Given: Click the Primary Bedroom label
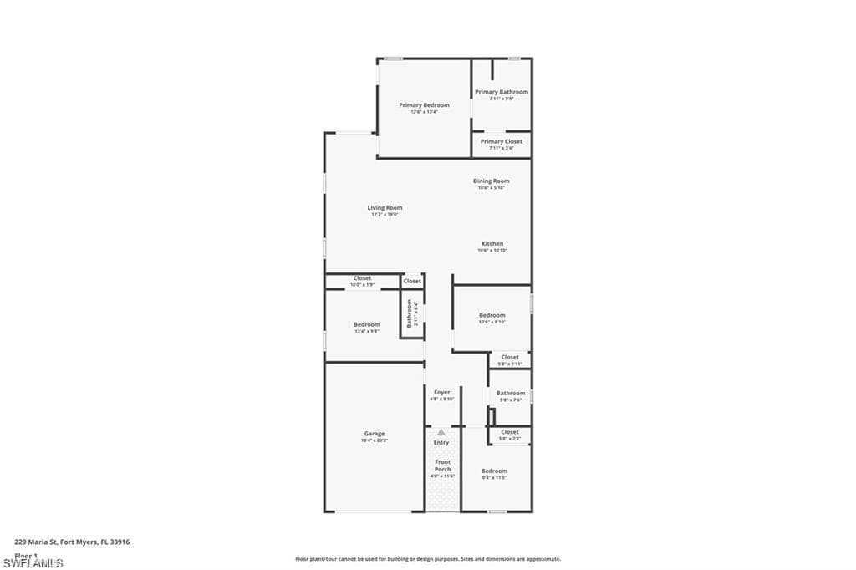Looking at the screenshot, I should click(x=424, y=105).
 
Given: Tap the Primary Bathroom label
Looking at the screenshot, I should click(x=502, y=92).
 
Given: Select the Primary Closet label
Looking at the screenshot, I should click(x=502, y=142).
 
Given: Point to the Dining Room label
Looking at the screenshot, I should click(x=492, y=181).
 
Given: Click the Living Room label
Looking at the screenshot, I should click(x=385, y=208).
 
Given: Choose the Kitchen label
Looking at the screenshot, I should click(x=492, y=244).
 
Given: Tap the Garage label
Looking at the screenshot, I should click(x=374, y=434).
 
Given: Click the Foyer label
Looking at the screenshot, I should click(x=441, y=392).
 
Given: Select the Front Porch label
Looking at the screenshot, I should click(x=442, y=466).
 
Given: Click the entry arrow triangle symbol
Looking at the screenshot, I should click(x=441, y=432).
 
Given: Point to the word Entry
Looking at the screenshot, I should click(x=441, y=442).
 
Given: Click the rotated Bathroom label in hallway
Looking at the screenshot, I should click(x=410, y=313).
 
